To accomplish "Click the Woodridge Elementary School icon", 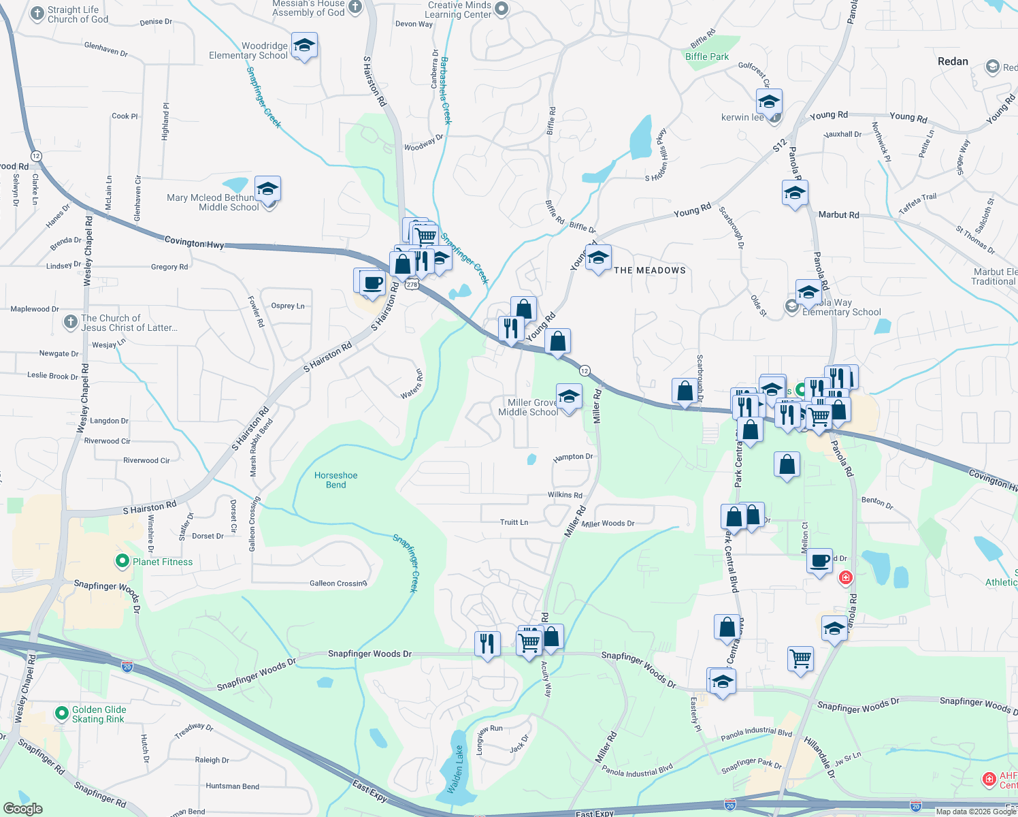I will click(304, 46).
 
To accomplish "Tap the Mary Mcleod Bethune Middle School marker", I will click(267, 189).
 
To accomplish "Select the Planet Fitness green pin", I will click(122, 561).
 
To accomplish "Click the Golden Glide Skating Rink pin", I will click(62, 714).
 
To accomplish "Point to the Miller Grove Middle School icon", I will click(569, 396).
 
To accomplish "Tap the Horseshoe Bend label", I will click(336, 480).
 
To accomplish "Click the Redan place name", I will click(953, 61).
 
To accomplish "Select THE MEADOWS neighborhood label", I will click(650, 270).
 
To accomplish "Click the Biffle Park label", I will click(707, 57).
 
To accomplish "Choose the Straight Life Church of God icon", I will click(37, 14).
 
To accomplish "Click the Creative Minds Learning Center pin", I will click(502, 9).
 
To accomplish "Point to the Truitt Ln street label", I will click(514, 522).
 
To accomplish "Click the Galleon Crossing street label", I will click(338, 583).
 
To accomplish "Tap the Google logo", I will click(23, 809).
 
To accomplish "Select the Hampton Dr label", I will click(573, 457).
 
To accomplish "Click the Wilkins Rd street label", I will click(565, 495).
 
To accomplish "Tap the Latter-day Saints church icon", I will click(71, 322).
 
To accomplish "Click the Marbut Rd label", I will click(838, 214).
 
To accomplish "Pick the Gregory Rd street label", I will click(169, 267).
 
